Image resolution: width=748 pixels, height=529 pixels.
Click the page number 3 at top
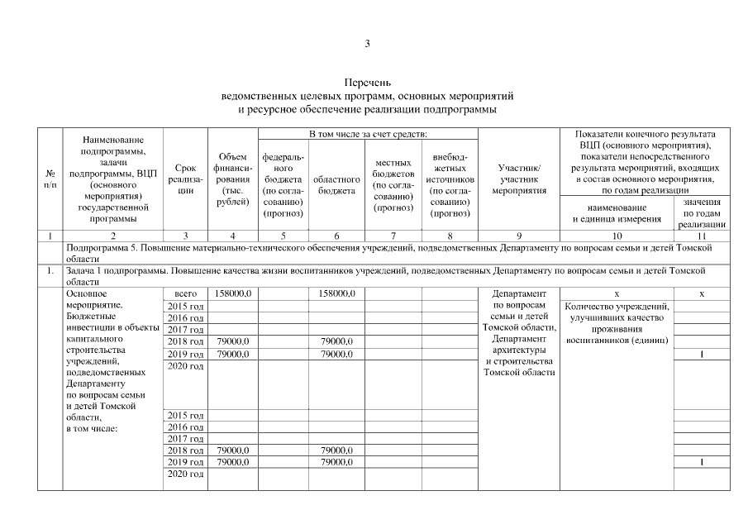pyautogui.click(x=367, y=44)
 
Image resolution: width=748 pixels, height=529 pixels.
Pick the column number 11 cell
pyautogui.click(x=701, y=236)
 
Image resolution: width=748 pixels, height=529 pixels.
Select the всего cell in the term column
pyautogui.click(x=185, y=293)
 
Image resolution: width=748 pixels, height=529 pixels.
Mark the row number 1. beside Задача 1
pyautogui.click(x=50, y=270)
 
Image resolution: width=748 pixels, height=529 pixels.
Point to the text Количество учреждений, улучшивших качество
pyautogui.click(x=617, y=312)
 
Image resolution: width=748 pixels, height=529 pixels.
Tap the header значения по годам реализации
pyautogui.click(x=701, y=213)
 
